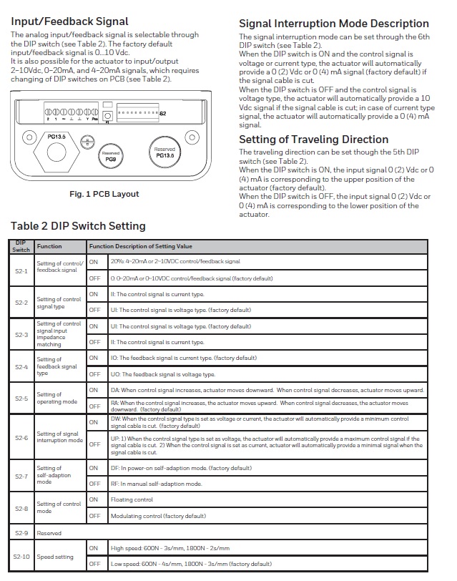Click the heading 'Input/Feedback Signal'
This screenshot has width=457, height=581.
(x=70, y=21)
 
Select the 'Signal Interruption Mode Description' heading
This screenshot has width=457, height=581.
(x=334, y=24)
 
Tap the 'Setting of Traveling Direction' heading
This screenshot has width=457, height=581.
(x=313, y=140)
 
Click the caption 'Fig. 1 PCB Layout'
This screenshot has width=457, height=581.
(x=104, y=194)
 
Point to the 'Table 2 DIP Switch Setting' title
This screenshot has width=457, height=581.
(x=78, y=226)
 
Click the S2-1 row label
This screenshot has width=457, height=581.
(x=21, y=271)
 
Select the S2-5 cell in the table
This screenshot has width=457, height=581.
(x=21, y=398)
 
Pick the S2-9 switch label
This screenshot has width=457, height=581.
(x=21, y=533)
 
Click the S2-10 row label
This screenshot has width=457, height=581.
(x=21, y=556)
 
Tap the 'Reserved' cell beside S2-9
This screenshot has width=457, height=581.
(x=49, y=533)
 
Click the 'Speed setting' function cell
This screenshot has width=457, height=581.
(x=55, y=556)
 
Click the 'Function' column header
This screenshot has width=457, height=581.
(x=49, y=246)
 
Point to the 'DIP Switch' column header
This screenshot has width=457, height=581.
(x=21, y=246)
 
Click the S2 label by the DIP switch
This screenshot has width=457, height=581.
(x=162, y=114)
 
